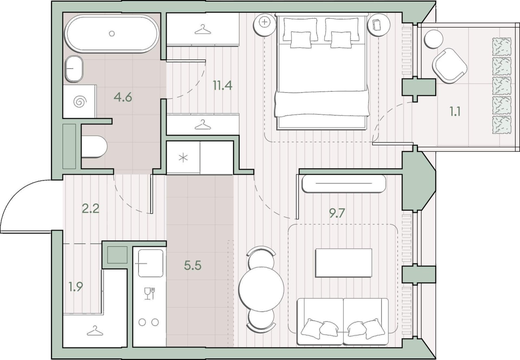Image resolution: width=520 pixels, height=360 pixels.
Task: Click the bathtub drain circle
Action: (112, 34)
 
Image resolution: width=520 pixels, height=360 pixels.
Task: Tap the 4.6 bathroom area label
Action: (123, 97)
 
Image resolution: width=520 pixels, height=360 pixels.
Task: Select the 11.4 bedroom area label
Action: (223, 85)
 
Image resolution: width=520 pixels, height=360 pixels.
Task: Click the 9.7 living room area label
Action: (337, 213)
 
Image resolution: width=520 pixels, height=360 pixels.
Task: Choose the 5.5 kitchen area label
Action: (193, 265)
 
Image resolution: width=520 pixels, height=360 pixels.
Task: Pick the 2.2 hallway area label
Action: (91, 208)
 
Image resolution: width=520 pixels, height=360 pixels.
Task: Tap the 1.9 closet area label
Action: (76, 287)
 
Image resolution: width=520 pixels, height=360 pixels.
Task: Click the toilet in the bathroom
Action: (94, 147)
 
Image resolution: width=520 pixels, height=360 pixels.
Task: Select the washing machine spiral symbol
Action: (80, 102)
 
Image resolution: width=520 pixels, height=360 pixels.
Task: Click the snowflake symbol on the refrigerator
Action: (183, 158)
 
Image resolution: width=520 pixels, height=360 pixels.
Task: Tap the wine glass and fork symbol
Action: (149, 293)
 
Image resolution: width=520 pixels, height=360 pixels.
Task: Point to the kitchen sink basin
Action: (150, 263)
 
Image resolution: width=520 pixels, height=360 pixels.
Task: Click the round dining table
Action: (261, 289)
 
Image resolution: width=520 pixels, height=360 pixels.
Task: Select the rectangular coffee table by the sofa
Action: (344, 263)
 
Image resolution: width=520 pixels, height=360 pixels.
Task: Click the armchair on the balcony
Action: (450, 66)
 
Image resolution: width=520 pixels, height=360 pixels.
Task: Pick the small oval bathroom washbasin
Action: (74, 69)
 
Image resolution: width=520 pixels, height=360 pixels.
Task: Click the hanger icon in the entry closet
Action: (95, 331)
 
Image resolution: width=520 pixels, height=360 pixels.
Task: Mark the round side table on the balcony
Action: (433, 39)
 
